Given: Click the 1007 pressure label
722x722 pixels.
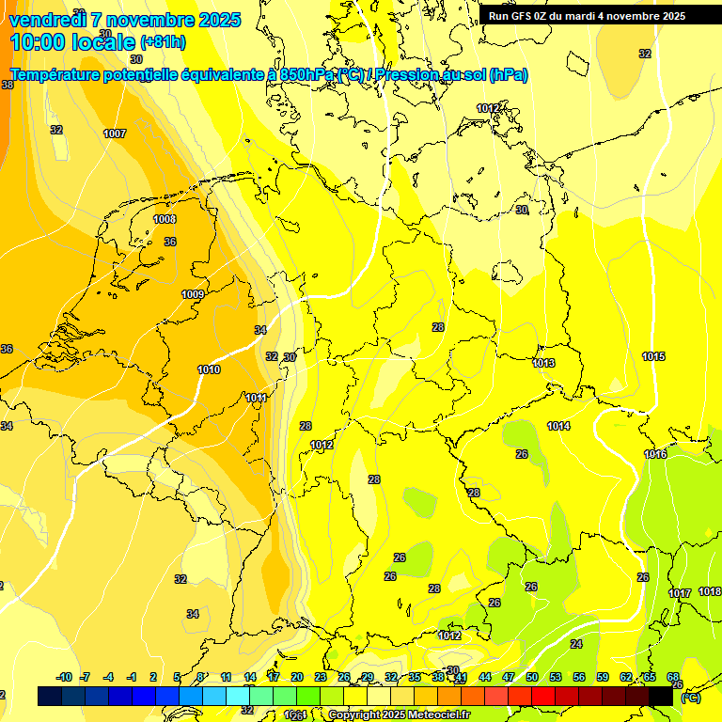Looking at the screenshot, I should point(115,133).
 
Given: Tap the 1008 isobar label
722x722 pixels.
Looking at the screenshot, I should point(165,219).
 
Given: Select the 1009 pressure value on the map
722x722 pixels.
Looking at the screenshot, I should point(193,294).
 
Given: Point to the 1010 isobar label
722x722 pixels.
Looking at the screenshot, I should point(209,369).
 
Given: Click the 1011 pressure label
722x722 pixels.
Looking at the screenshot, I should point(256,398).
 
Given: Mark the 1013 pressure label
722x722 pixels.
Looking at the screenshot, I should point(543,363).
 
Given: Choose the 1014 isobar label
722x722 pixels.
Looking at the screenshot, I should point(558,426).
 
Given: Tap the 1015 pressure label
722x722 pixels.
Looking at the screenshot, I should point(653,356).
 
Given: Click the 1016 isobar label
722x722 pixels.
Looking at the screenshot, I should point(655,455).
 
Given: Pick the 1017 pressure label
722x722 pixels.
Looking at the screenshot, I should point(680,593).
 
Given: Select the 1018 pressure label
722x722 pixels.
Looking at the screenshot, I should point(710,591).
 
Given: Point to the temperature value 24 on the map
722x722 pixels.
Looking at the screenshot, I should point(576,644).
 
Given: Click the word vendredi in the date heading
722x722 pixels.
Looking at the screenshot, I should point(48,20).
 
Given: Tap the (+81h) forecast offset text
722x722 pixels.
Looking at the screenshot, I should point(163,42).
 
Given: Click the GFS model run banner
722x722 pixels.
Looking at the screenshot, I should point(587,16).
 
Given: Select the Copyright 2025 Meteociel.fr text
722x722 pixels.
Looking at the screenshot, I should point(400,714).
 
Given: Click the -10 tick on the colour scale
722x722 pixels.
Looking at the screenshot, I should point(64,677).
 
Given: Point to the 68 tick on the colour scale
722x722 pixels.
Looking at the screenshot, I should point(673,677).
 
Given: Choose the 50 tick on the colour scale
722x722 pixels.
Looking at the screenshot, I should point(532,677).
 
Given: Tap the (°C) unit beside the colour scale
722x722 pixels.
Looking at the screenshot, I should point(689,698).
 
